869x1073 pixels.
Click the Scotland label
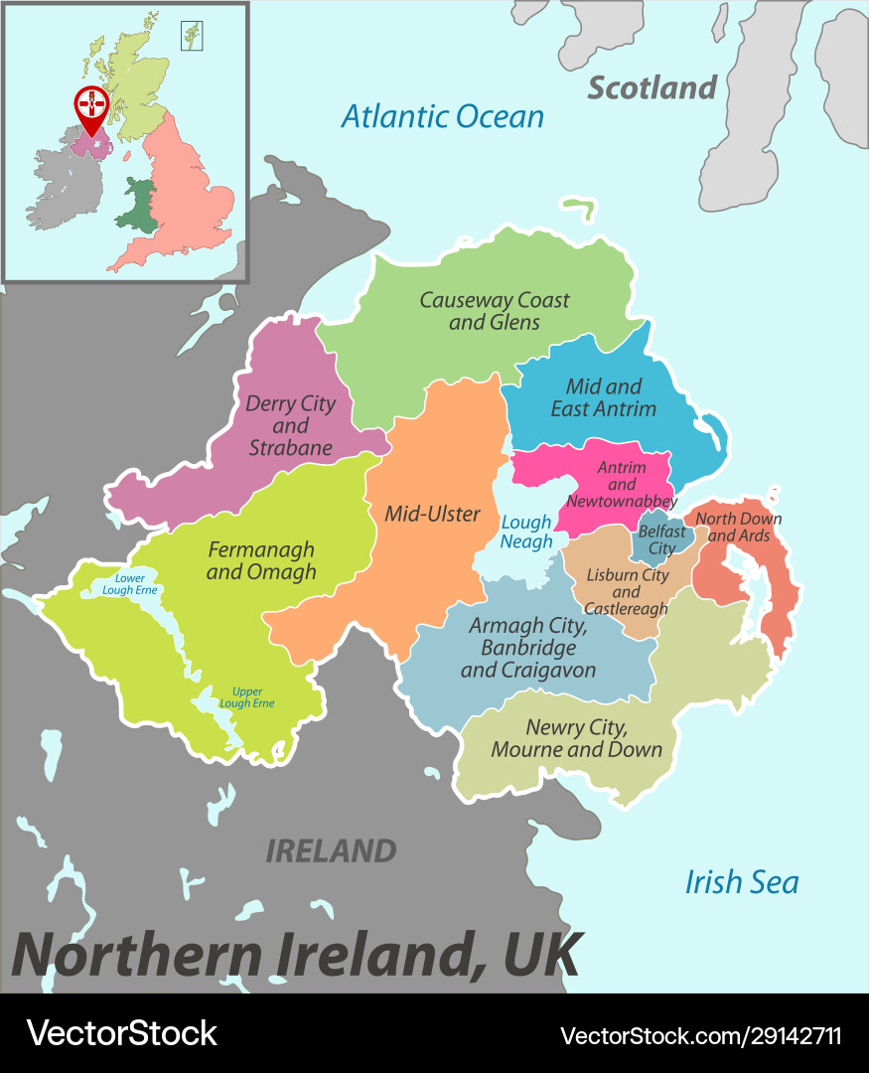click(652, 87)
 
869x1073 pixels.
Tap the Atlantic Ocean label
click(443, 116)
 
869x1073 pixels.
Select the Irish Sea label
click(741, 881)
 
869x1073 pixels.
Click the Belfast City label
click(661, 539)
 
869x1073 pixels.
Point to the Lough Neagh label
click(526, 532)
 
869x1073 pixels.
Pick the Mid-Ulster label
click(432, 514)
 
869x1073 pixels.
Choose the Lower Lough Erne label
click(129, 584)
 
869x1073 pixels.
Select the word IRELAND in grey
click(331, 850)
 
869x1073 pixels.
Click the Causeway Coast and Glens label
click(494, 310)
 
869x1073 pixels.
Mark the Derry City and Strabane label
click(290, 425)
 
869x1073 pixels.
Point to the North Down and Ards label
click(738, 527)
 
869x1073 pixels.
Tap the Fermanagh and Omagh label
click(261, 559)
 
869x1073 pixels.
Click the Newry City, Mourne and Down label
click(576, 738)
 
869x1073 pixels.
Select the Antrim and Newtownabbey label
click(622, 484)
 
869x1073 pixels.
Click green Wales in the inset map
click(137, 207)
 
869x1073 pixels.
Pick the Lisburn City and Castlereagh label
click(627, 591)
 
